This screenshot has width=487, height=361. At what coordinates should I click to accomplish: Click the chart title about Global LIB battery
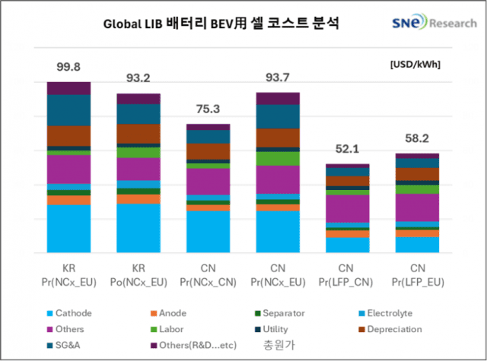(221, 24)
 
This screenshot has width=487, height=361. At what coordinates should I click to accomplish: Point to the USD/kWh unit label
(415, 65)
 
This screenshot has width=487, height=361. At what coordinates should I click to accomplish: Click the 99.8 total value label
(68, 68)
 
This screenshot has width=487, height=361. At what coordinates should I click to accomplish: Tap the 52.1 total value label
(346, 150)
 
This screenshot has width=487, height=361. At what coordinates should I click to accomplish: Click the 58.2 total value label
(417, 140)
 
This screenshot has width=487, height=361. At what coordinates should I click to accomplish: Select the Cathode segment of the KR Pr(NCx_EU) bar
(68, 228)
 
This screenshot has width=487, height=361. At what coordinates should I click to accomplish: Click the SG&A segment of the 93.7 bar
(277, 116)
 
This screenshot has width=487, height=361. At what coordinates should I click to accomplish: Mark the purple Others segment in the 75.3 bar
(208, 181)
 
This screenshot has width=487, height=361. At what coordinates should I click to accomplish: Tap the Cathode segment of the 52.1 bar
(347, 245)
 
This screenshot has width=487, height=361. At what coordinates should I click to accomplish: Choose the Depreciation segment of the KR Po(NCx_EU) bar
(138, 133)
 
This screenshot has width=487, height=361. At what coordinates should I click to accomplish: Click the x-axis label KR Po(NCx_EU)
(138, 275)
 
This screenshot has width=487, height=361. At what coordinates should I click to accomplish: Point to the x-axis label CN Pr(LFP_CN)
(347, 275)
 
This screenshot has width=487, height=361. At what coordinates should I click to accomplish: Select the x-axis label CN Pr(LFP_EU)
(417, 275)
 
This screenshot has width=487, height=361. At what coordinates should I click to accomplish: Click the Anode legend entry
(167, 312)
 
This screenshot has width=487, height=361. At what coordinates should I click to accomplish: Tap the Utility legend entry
(282, 329)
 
